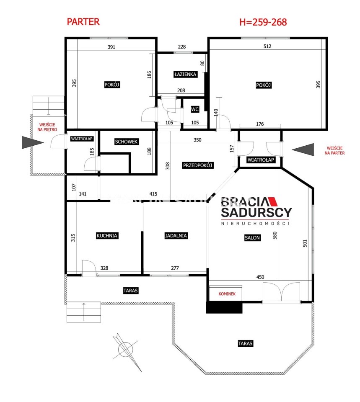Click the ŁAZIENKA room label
tap(185, 75)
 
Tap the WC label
tap(195, 109)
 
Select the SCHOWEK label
tap(126, 142)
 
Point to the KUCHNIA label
tap(107, 236)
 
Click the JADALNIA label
tap(176, 236)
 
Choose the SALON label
tap(252, 238)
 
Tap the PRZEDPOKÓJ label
tap(197, 165)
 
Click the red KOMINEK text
tap(227, 294)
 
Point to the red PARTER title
tap(83, 22)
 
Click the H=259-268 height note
tap(263, 22)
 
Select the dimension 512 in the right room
tap(267, 46)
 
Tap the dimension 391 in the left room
tap(111, 47)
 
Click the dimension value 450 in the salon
tap(260, 277)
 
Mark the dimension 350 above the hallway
tap(197, 140)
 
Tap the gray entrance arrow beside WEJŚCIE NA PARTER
tap(303, 149)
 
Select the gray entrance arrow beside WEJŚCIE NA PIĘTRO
tap(33, 142)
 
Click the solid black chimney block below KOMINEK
tap(224, 308)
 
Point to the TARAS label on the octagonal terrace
tap(245, 343)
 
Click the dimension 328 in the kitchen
tap(104, 268)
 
